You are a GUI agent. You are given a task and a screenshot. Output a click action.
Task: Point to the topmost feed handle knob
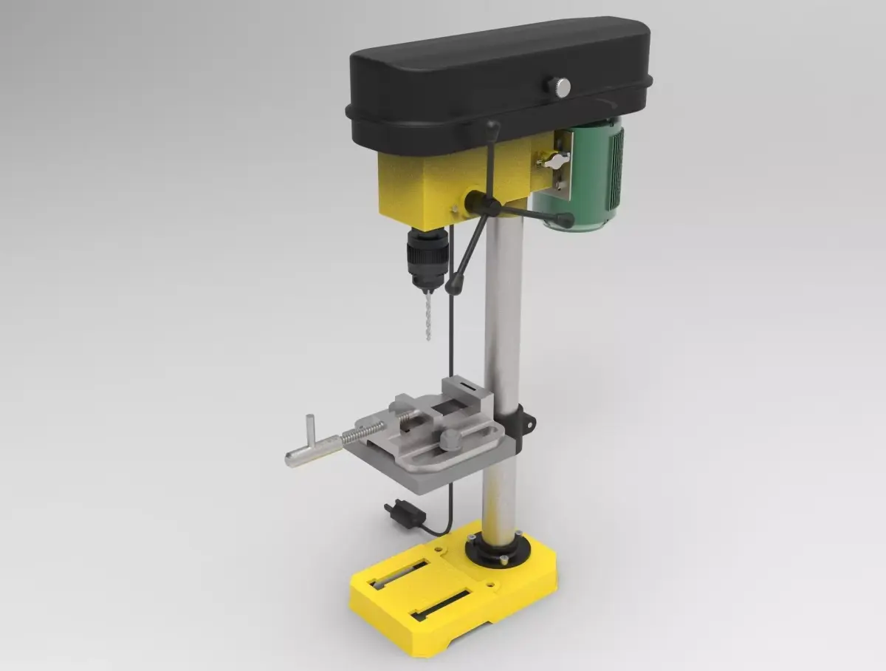[x=490, y=130]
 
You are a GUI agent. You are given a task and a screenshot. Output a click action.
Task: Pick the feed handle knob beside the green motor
[x=565, y=219]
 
